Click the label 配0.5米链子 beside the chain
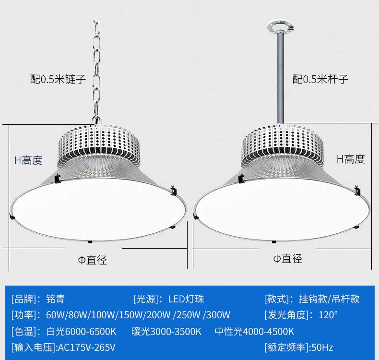58,79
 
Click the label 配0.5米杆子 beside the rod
320,79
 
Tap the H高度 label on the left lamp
28,160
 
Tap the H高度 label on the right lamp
351,159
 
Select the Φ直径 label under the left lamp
92,260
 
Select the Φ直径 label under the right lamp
288,258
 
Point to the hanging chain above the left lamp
97,72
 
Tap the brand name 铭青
55,299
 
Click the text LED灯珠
186,299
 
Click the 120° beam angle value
328,315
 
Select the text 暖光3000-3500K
166,332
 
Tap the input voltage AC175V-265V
87,348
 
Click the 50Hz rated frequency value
322,348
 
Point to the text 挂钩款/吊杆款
329,299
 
